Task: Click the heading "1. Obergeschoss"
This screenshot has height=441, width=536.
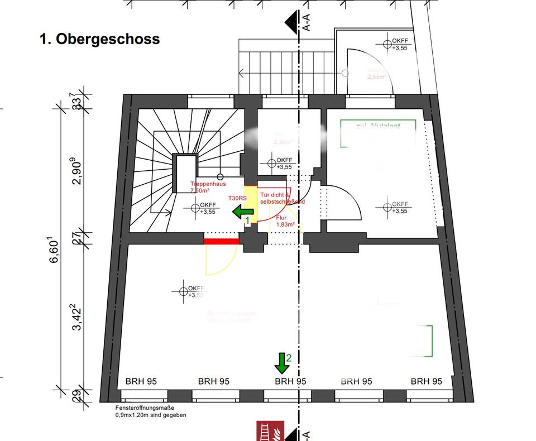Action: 99,39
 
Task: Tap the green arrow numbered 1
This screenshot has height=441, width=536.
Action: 243,212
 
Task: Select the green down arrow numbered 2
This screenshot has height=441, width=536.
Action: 281,363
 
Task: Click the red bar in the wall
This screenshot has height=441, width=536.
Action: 221,241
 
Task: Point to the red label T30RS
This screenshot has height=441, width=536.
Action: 237,198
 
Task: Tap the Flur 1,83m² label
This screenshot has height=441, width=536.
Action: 285,221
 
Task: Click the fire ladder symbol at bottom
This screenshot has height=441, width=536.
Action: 270,431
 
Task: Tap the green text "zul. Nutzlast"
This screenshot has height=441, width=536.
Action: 378,126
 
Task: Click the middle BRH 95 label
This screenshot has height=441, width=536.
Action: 291,382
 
